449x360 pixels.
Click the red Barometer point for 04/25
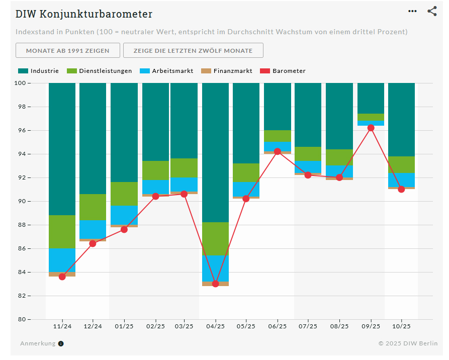[x=215, y=284]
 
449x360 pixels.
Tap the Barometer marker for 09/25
[x=371, y=128]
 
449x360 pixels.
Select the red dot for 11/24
[x=62, y=277]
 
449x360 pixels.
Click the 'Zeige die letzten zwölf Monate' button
[x=193, y=50]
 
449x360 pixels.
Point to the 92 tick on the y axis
[x=24, y=177]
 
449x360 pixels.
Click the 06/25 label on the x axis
[x=278, y=326]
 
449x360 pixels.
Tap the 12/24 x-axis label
[x=93, y=326]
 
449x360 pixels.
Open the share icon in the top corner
[x=432, y=11]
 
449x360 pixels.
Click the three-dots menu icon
[x=412, y=11]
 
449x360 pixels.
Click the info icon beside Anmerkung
[x=61, y=344]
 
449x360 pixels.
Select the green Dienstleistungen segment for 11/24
[x=62, y=232]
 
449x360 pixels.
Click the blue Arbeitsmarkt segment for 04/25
[x=215, y=268]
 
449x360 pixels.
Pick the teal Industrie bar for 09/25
[x=371, y=98]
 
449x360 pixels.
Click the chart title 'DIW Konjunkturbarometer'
[x=84, y=14]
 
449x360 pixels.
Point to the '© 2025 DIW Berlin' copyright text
[x=408, y=344]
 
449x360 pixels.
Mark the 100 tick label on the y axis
[x=22, y=83]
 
